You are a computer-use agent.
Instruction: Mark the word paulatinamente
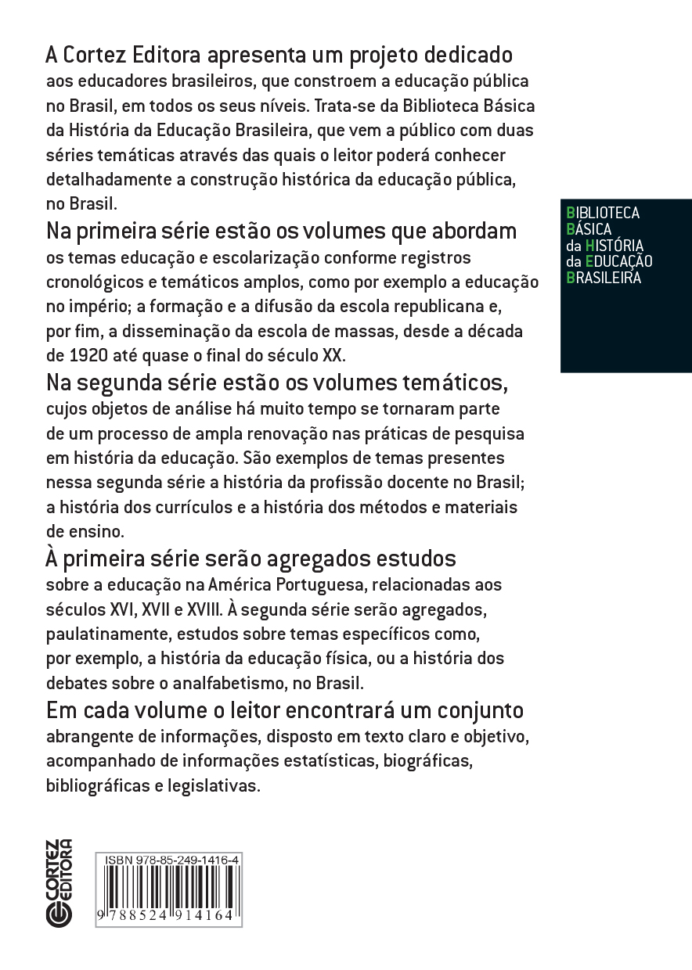[x=103, y=634]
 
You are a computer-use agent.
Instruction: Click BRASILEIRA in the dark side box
[x=603, y=277]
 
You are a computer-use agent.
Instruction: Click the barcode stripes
[x=168, y=889]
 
